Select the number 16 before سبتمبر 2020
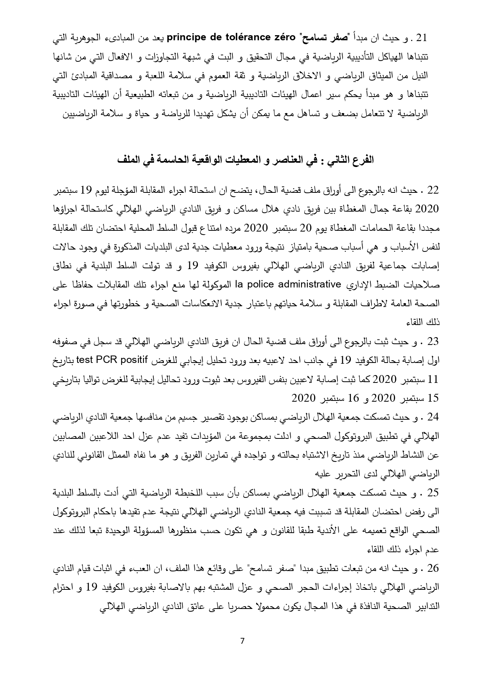pos(353,398)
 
